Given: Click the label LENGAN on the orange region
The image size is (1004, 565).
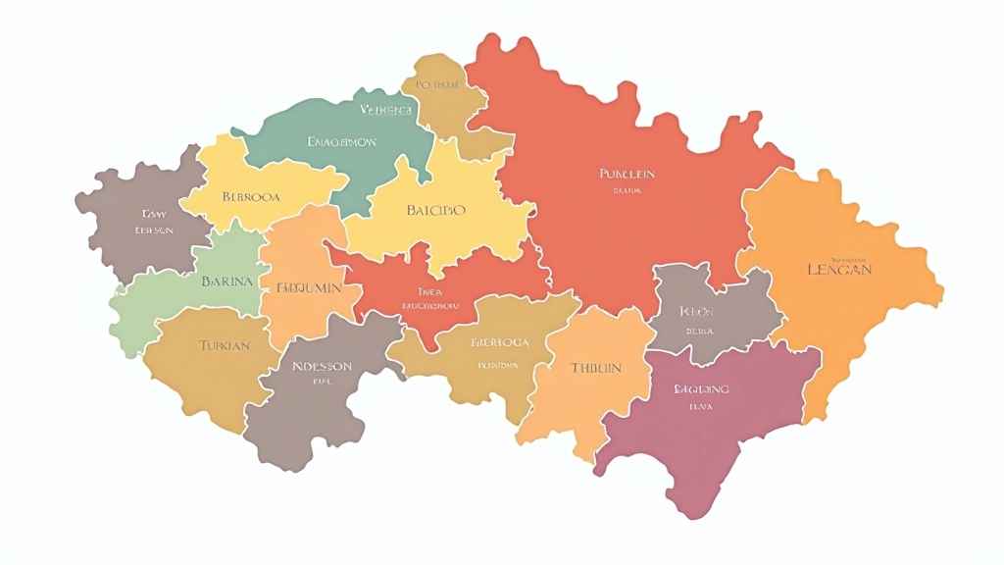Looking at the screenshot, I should pos(838,269).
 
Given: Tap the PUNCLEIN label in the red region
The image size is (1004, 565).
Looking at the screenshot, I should pos(627,174).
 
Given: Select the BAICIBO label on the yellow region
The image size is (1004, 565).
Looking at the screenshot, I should pos(435,210).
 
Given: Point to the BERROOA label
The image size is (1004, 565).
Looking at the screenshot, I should pos(251,196).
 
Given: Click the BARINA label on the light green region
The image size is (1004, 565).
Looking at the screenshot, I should pos(226,281).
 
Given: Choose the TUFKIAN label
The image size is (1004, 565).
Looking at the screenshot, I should pos(225,345).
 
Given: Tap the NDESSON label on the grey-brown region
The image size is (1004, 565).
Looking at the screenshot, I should pos(322,366).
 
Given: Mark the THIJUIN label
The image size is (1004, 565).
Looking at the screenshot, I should pos(595,368).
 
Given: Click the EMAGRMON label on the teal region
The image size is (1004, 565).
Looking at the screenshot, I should pos(341,142).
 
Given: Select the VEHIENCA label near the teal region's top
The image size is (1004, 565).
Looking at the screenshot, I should pos(385,110).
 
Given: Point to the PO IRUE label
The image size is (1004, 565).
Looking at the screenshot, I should pos(437,85).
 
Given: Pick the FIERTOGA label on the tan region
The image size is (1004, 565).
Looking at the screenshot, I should pos(500,342).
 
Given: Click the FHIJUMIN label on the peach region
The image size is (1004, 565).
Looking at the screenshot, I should pos(309,288).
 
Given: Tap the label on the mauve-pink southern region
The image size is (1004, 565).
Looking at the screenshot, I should pos(701,389).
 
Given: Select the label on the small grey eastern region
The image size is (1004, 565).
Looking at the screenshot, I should pos(696,311).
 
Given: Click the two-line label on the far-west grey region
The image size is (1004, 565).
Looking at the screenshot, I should pos(155,221).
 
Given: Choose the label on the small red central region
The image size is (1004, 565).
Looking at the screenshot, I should pos(430,298).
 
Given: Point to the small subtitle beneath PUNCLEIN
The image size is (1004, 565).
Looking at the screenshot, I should pos(627,191).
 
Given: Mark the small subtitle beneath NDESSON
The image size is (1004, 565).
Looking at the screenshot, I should pos(322,384).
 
